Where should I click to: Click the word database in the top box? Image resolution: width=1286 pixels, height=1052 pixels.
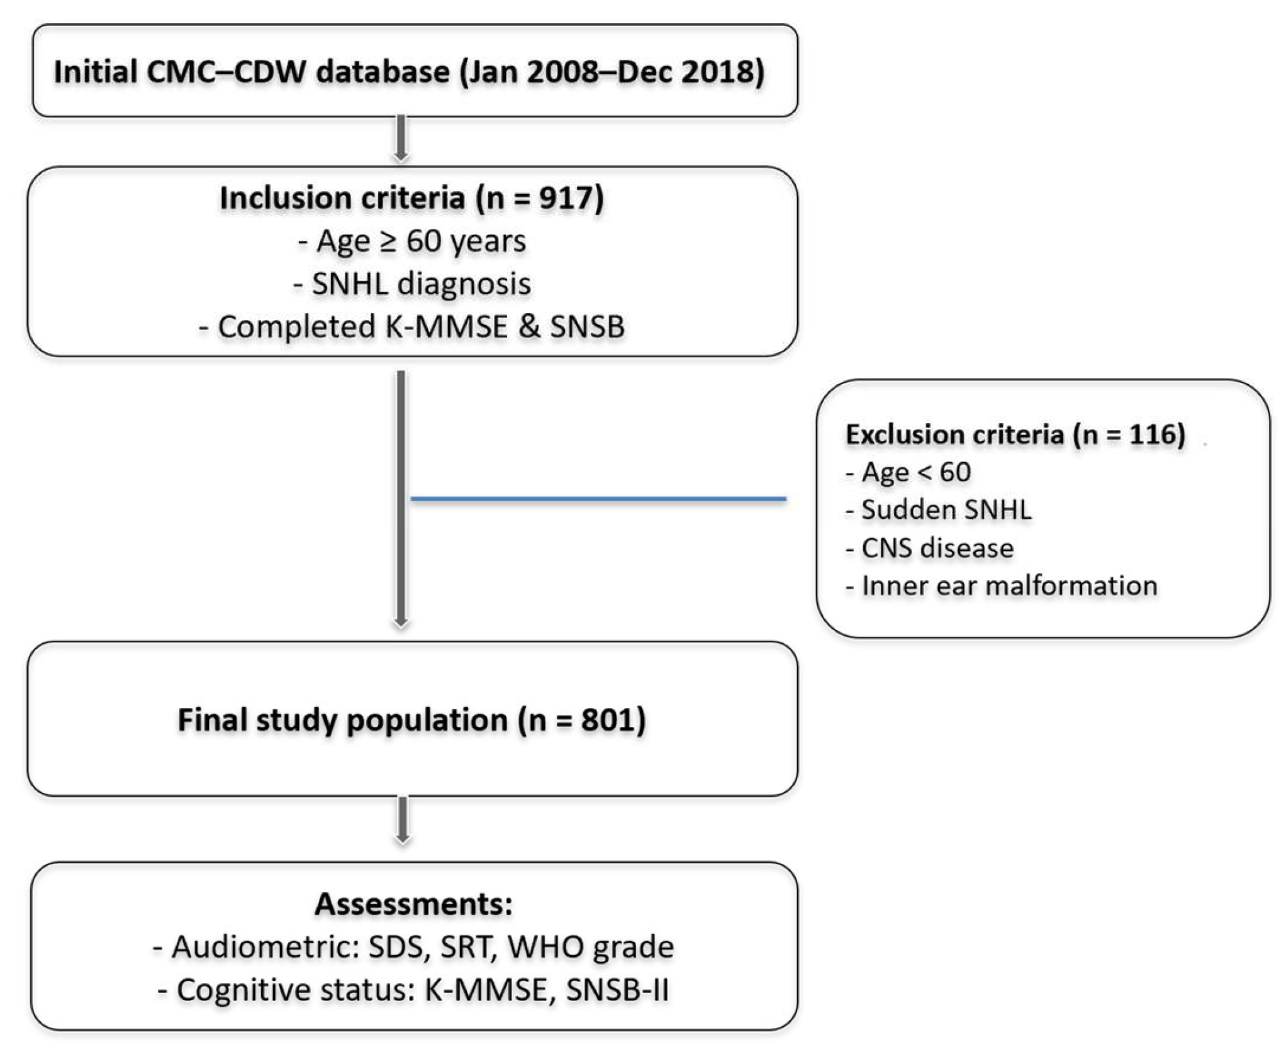pyautogui.click(x=383, y=72)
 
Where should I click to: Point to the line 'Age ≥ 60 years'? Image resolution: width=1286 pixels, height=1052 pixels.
pyautogui.click(x=411, y=241)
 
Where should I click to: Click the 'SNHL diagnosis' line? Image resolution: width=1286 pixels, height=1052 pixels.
pyautogui.click(x=411, y=284)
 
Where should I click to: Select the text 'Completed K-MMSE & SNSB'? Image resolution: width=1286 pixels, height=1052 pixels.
pyautogui.click(x=411, y=327)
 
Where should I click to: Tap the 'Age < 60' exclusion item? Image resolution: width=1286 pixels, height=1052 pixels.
pyautogui.click(x=908, y=472)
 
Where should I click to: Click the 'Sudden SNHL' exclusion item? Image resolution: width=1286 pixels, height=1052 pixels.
pyautogui.click(x=938, y=510)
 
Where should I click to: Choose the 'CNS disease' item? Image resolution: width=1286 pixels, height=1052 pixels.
pyautogui.click(x=929, y=548)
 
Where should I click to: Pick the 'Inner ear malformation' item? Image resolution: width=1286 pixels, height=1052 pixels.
pyautogui.click(x=1001, y=586)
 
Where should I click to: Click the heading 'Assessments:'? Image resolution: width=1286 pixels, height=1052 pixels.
pyautogui.click(x=413, y=904)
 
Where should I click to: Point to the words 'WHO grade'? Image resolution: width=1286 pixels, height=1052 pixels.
pyautogui.click(x=590, y=947)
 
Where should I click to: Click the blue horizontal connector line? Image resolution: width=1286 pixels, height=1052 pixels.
pyautogui.click(x=598, y=499)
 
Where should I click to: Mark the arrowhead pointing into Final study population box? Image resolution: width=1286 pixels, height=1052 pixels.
pyautogui.click(x=401, y=623)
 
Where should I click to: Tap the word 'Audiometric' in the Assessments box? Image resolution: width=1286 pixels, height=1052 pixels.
pyautogui.click(x=260, y=947)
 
